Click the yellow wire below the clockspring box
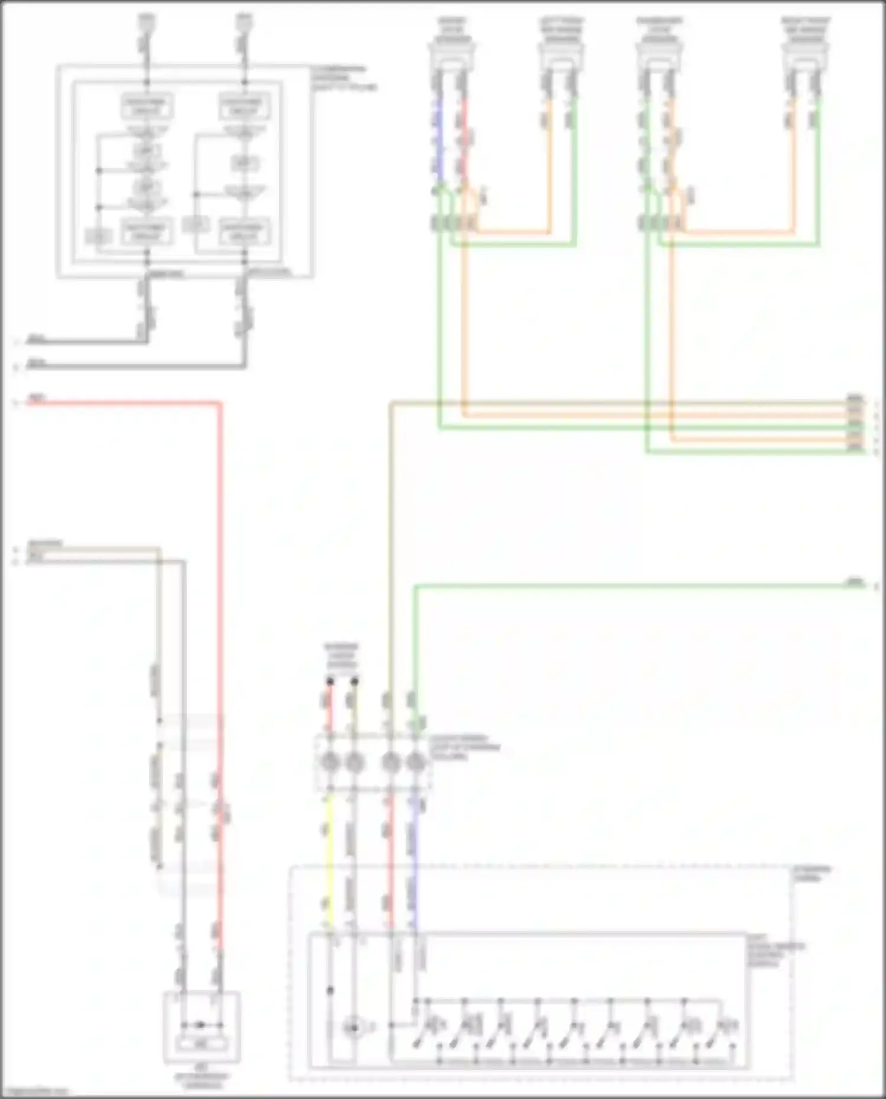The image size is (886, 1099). (x=329, y=856)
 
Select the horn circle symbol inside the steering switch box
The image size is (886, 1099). (x=353, y=1028)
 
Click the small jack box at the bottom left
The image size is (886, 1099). (x=201, y=1028)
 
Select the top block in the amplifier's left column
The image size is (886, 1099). (x=146, y=106)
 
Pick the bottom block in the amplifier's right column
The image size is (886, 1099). (x=245, y=231)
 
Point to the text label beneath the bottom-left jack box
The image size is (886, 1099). (x=201, y=1080)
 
